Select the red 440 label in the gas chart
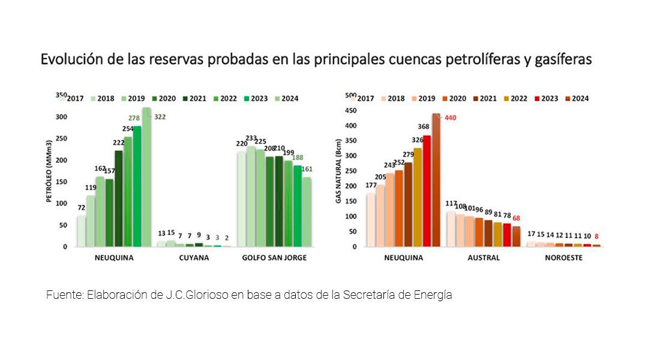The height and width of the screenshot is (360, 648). [x=451, y=118]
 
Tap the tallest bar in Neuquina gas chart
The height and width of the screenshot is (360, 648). [x=436, y=180]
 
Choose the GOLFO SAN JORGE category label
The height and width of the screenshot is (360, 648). [x=275, y=257]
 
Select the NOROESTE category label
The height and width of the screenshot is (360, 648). [x=563, y=257]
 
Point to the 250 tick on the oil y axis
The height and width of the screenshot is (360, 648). [x=61, y=139]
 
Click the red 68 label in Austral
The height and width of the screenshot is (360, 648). [x=517, y=218]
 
